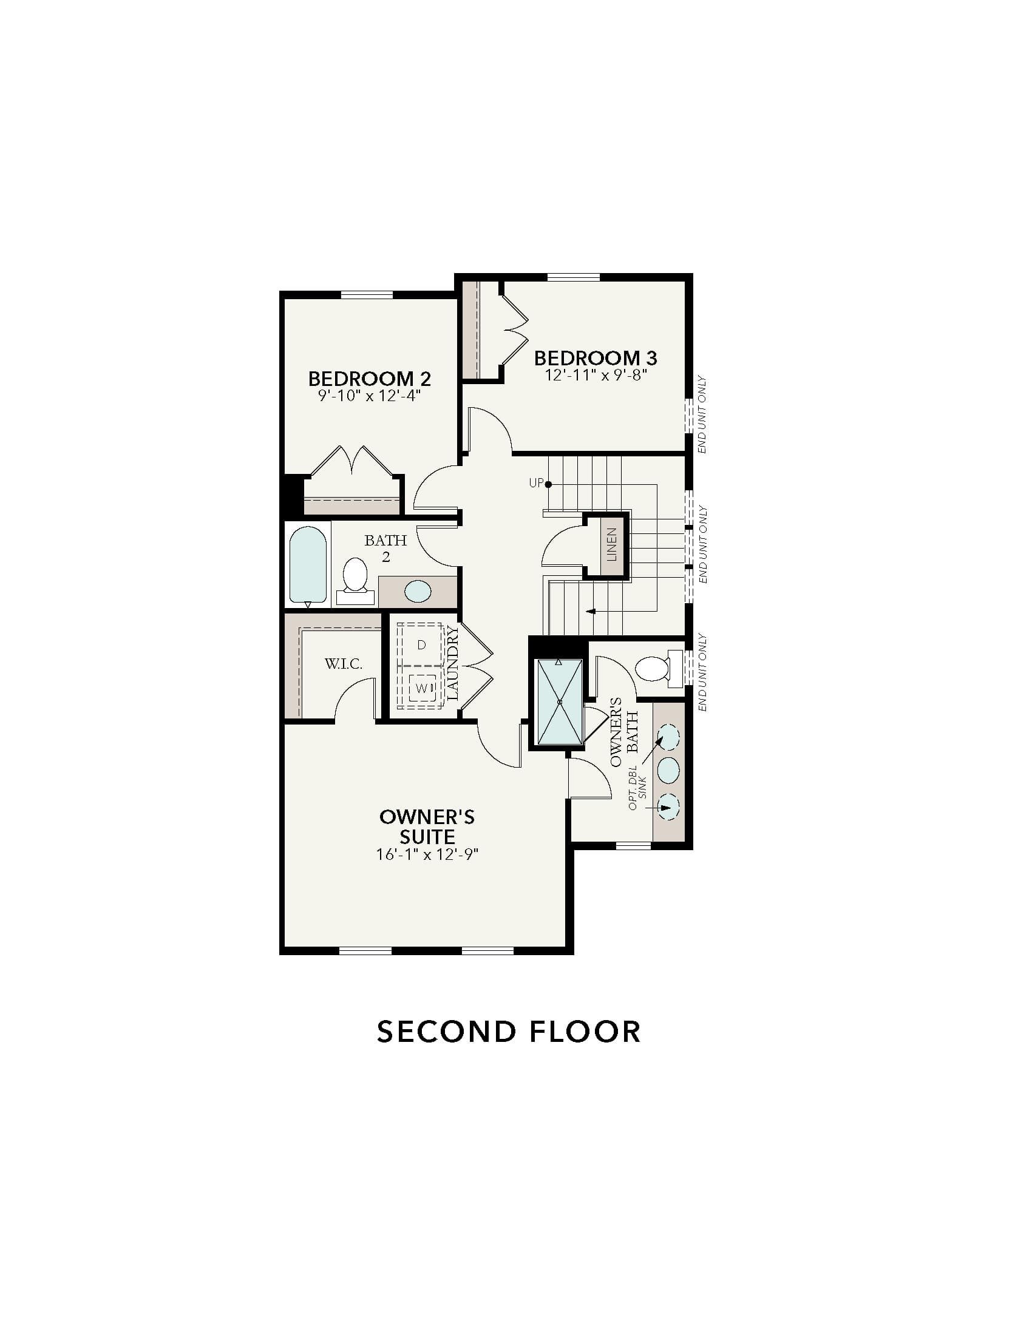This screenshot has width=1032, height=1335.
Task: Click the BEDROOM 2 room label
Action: click(369, 379)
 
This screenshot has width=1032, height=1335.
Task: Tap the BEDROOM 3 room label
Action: click(596, 357)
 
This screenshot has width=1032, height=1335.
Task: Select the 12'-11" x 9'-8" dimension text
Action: click(596, 374)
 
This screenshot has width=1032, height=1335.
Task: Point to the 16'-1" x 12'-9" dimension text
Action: click(427, 854)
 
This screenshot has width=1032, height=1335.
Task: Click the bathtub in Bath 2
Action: click(308, 566)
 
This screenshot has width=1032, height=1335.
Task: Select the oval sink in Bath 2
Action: click(418, 591)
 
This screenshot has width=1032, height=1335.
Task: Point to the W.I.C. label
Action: click(344, 664)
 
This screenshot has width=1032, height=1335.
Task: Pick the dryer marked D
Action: click(421, 644)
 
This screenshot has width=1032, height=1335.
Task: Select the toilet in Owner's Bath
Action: click(659, 668)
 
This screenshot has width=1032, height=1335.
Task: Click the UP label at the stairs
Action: click(536, 484)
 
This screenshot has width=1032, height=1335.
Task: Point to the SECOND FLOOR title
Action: click(509, 1032)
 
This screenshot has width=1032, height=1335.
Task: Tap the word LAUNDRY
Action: click(453, 663)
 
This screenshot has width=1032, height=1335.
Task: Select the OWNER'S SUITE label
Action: click(427, 826)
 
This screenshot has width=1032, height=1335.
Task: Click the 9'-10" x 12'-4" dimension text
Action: click(369, 396)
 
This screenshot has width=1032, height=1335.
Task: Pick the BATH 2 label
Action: click(385, 549)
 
